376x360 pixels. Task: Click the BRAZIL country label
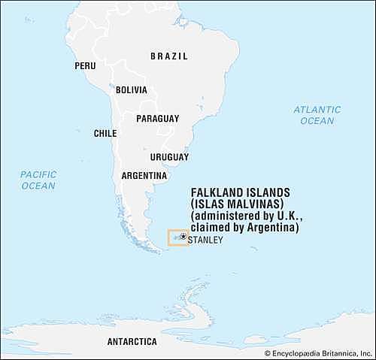pos(169,56)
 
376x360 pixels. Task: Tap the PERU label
pos(85,66)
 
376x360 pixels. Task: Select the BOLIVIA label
pos(131,90)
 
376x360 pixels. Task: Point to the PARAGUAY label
pos(157,119)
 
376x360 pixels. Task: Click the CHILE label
pos(105,133)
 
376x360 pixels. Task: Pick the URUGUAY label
pos(169,157)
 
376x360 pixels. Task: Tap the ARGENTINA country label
pos(144,176)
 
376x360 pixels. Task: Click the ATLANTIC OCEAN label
pos(317,115)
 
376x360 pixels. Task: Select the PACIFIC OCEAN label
pos(38,180)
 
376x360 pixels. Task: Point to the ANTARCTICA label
pos(132,341)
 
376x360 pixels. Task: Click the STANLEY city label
pos(205,241)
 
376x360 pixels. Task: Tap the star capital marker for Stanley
pos(183,236)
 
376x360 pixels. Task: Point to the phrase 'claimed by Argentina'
pos(245,227)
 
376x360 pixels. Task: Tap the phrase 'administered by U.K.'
pos(244,216)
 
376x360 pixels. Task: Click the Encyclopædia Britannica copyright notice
pos(317,352)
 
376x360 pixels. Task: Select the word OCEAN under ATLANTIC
pos(317,120)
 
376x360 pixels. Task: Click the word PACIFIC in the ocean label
pos(38,174)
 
